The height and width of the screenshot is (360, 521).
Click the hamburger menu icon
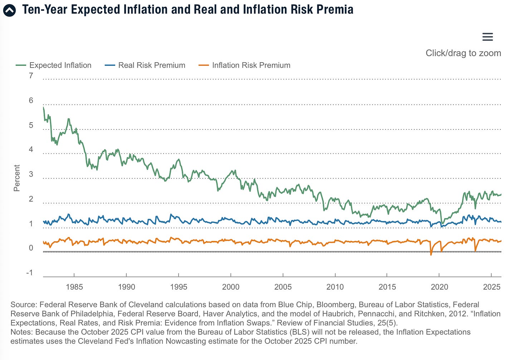[x=487, y=37]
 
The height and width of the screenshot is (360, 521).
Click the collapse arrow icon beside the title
[x=9, y=10]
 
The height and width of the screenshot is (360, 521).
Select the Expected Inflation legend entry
[x=54, y=65]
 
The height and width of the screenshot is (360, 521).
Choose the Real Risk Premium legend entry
[x=145, y=65]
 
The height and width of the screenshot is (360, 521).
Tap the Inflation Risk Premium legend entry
[x=244, y=65]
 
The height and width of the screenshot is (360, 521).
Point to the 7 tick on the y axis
[x=31, y=76]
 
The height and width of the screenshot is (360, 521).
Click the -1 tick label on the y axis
[x=30, y=273]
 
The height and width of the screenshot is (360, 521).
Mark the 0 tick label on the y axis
[x=31, y=248]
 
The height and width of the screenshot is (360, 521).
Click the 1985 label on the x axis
[x=74, y=287]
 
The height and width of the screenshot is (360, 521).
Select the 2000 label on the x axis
[x=231, y=287]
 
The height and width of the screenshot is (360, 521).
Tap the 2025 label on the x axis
[x=492, y=287]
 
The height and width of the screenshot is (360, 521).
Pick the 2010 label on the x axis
[x=335, y=287]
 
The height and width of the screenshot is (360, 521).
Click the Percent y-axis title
[x=17, y=178]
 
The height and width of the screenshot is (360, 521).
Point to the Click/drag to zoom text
[x=463, y=53]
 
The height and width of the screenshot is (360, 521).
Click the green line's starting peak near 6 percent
[x=43, y=107]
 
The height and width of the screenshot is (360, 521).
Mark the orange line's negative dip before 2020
[x=431, y=254]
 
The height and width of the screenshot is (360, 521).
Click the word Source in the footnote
[x=23, y=305]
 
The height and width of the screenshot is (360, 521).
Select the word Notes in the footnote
[x=21, y=332]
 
